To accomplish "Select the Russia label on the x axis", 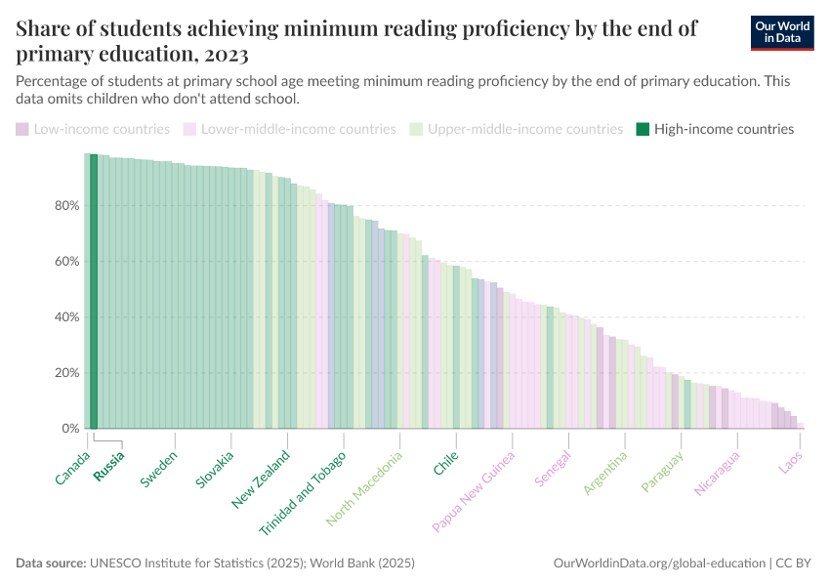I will [108, 464].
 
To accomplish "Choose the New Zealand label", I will [261, 479].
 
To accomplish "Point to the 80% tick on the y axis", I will [65, 206].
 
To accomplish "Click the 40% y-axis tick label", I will [65, 317].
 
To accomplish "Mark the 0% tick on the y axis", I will [69, 429].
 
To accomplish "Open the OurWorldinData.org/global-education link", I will [658, 564].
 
